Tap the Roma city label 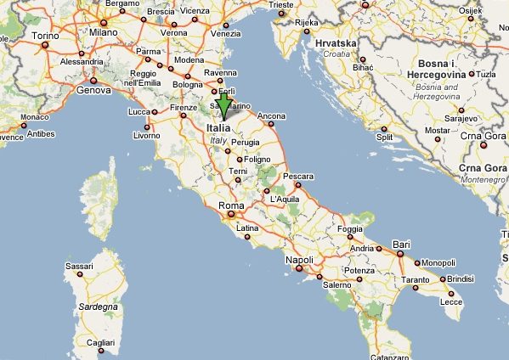click(x=231, y=205)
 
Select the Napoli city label click(x=299, y=259)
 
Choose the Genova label click(x=93, y=89)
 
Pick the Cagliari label click(x=99, y=342)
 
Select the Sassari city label click(x=79, y=266)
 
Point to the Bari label click(x=402, y=245)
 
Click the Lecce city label click(x=451, y=301)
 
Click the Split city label click(x=385, y=137)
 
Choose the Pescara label click(x=298, y=177)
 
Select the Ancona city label click(x=271, y=115)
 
